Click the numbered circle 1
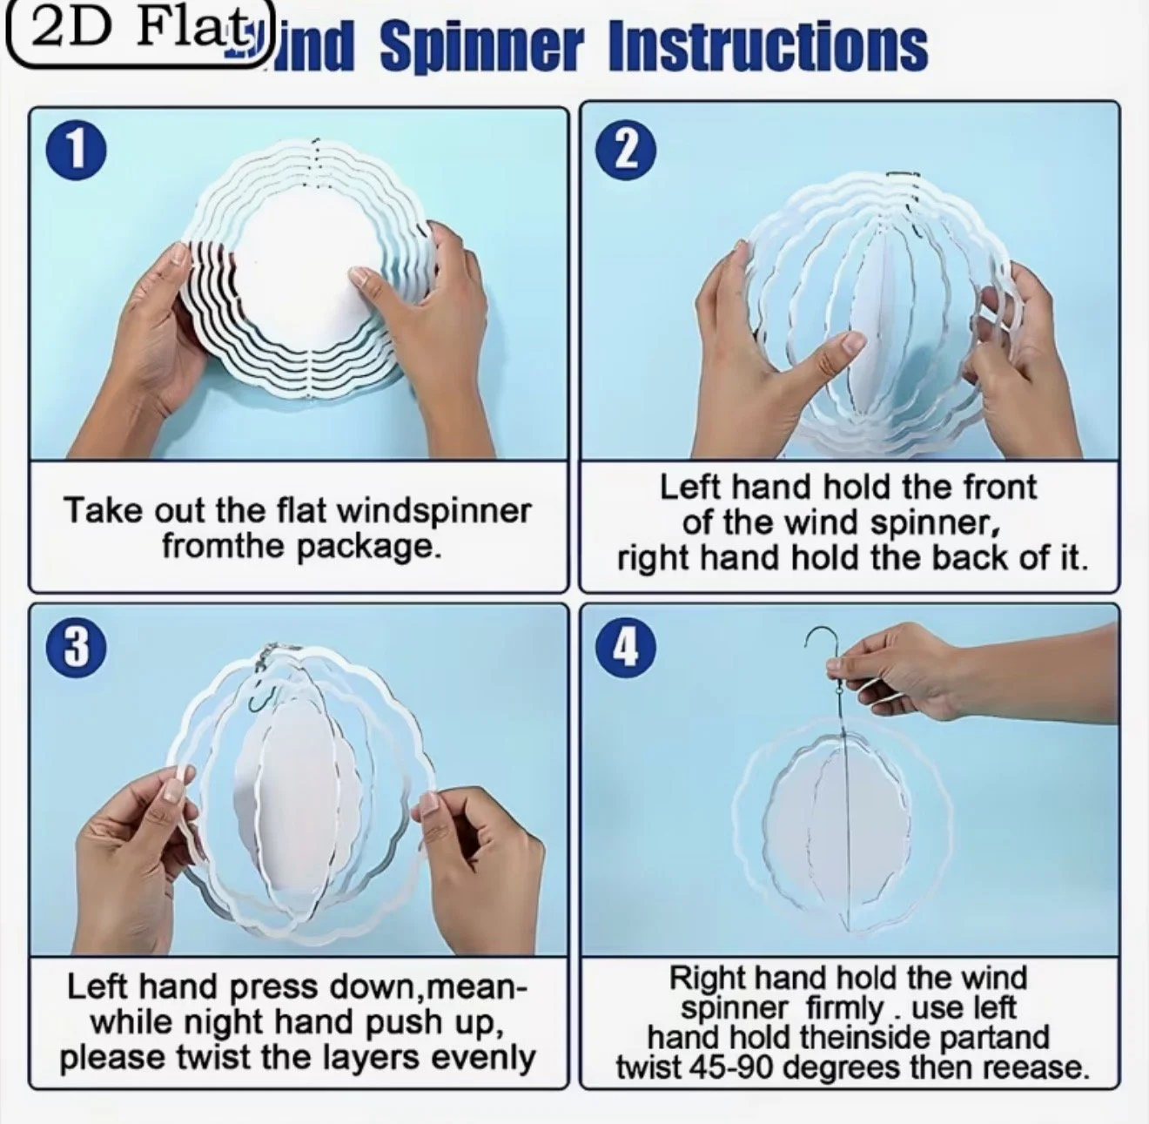click(x=77, y=151)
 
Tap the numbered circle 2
click(x=627, y=151)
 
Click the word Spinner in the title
click(x=481, y=47)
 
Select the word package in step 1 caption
click(x=368, y=547)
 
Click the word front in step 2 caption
click(x=999, y=488)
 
